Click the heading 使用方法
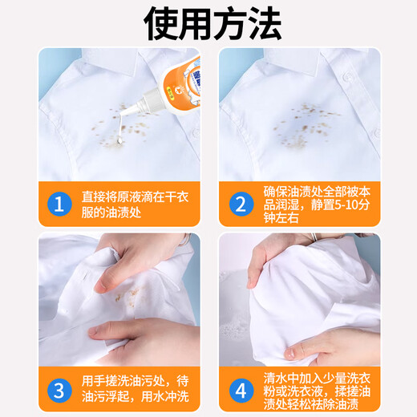click(x=208, y=23)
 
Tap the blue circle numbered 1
click(x=58, y=203)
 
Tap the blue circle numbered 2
click(x=238, y=203)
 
